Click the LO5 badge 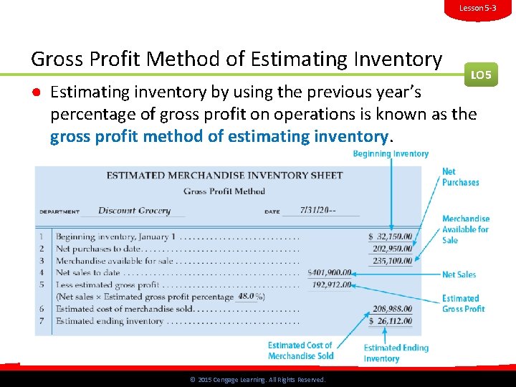coord(482,74)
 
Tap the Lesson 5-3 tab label coord(478,8)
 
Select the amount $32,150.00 coord(391,236)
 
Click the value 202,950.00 coord(392,249)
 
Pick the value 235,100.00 coord(392,261)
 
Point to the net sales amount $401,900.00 coord(329,273)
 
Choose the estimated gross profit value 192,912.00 coord(332,285)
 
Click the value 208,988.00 coord(392,309)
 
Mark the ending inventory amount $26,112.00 coord(391,321)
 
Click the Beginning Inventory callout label coord(391,154)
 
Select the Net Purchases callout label coord(460,177)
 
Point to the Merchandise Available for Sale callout coord(465,229)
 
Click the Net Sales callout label coord(459,274)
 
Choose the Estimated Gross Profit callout coord(463,304)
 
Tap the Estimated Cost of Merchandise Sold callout coord(300,350)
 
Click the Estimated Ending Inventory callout coord(396,353)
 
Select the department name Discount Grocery coord(134,211)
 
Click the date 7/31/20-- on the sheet coord(310,211)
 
